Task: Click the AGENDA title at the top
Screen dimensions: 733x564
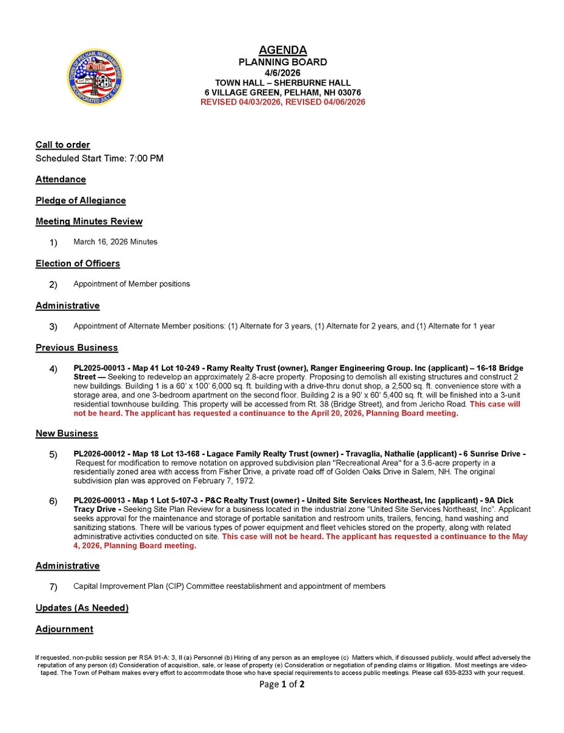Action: click(x=282, y=50)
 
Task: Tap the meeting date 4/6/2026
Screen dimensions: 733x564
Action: click(x=282, y=72)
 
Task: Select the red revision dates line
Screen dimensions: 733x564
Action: click(x=282, y=102)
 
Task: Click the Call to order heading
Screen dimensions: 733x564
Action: click(x=62, y=145)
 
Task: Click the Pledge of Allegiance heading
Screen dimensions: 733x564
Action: click(x=81, y=200)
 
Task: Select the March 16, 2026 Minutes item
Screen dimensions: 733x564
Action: click(x=115, y=242)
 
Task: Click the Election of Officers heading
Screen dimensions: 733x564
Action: click(x=78, y=263)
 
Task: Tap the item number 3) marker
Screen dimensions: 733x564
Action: click(x=53, y=327)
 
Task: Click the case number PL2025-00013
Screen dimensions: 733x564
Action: click(x=98, y=368)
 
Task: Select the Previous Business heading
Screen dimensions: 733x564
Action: click(x=76, y=348)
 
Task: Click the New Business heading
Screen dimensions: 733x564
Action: click(x=67, y=433)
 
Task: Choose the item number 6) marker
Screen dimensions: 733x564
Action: click(x=53, y=501)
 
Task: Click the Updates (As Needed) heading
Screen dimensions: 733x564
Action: click(x=82, y=608)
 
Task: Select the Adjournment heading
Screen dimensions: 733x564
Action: click(x=64, y=629)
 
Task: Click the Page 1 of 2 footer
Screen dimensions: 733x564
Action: click(x=282, y=684)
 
